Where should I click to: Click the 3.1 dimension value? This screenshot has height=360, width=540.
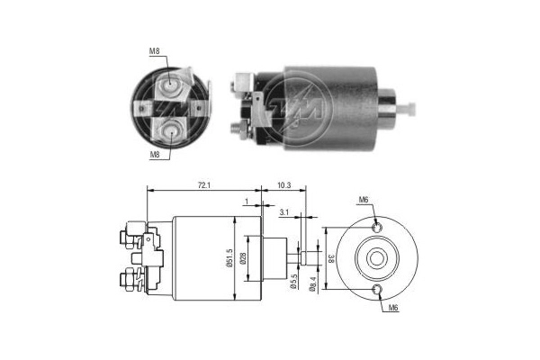[284, 213]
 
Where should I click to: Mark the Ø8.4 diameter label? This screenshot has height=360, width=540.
[312, 283]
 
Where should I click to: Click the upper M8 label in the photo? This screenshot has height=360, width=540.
[154, 50]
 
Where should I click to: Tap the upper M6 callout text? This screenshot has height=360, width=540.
[364, 200]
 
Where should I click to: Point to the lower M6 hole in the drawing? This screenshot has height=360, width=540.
[378, 289]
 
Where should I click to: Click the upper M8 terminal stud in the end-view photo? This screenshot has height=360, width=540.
[170, 87]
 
